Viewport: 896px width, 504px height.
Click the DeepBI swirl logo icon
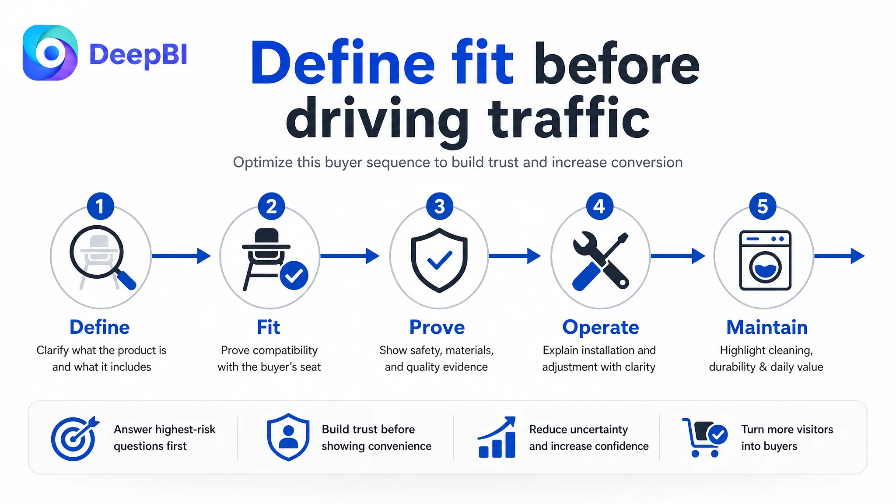point(50,53)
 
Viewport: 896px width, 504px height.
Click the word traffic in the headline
point(568,118)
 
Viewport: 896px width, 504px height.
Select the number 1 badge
point(101,206)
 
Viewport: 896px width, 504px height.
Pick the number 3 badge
point(440,206)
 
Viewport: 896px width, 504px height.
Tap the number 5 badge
point(763,206)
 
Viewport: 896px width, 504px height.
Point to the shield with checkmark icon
point(439,260)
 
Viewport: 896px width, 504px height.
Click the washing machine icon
point(765,260)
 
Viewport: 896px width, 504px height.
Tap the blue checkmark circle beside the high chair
point(294,275)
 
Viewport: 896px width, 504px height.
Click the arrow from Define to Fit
point(181,256)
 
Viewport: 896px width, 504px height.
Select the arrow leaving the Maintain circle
point(839,256)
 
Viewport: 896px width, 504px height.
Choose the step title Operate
point(601,327)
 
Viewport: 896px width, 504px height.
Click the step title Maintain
point(767,327)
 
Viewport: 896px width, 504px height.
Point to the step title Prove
point(437,327)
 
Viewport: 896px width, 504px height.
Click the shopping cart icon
point(704,437)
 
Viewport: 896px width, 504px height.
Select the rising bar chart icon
point(497,437)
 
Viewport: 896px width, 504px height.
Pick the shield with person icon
point(288,437)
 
